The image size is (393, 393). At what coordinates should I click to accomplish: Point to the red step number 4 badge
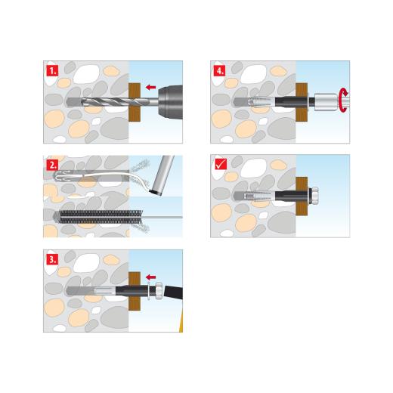pyautogui.click(x=219, y=70)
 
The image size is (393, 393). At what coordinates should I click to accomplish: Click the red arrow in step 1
pyautogui.click(x=151, y=88)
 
